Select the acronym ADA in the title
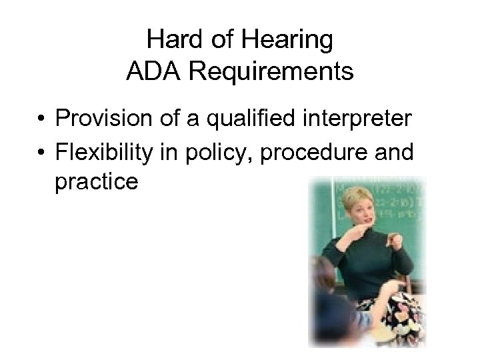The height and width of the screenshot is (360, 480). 154,71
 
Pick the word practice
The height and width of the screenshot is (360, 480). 97,183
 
